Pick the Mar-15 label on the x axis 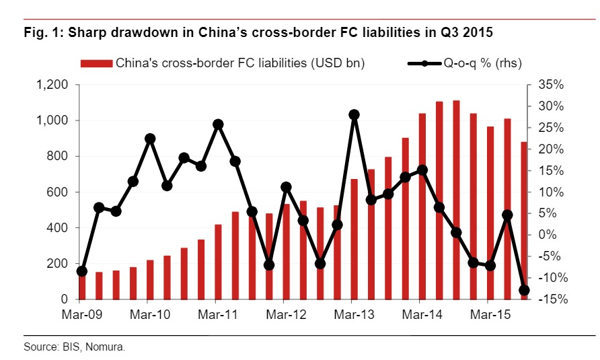[x=490, y=314]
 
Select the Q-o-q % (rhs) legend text [x=482, y=64]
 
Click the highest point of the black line [x=354, y=114]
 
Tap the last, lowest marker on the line [x=525, y=291]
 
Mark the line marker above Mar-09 [x=82, y=271]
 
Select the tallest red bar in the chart [x=456, y=200]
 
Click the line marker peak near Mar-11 [x=218, y=124]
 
